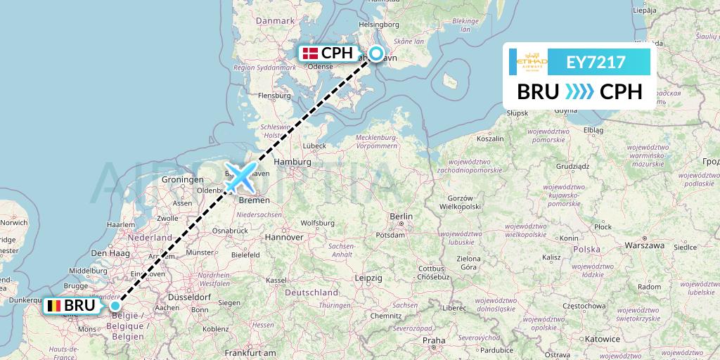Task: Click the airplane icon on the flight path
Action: [x=240, y=178]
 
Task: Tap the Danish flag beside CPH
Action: [x=310, y=53]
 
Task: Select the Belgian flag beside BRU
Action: [x=53, y=306]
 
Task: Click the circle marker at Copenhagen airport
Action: [x=376, y=53]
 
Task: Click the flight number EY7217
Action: [x=596, y=63]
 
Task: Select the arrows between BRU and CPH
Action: [x=579, y=92]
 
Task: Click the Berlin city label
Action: [x=401, y=216]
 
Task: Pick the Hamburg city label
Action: [x=292, y=162]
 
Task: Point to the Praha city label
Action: [x=434, y=340]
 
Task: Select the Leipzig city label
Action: [x=368, y=278]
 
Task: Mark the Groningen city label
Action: [x=182, y=180]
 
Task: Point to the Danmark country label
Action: [x=274, y=21]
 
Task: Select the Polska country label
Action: [x=586, y=250]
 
